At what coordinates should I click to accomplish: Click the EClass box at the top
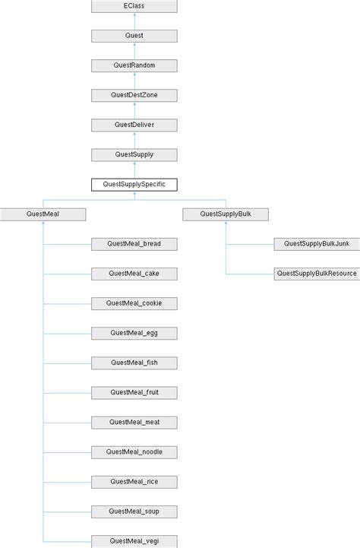[x=134, y=6]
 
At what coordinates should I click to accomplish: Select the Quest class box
[x=134, y=36]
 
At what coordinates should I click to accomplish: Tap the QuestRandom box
[x=134, y=65]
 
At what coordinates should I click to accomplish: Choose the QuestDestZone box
[x=134, y=95]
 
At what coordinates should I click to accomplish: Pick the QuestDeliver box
[x=134, y=125]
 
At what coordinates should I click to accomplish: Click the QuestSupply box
[x=134, y=154]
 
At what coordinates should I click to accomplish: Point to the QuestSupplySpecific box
[x=134, y=184]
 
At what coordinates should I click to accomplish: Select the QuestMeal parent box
[x=43, y=214]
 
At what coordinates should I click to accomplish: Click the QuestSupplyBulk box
[x=225, y=214]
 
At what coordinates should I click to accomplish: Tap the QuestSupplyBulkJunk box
[x=316, y=244]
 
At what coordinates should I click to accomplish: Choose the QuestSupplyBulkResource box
[x=316, y=274]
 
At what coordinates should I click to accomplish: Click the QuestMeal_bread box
[x=134, y=244]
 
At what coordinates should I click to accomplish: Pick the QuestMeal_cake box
[x=134, y=274]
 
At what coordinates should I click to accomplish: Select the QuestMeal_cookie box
[x=134, y=303]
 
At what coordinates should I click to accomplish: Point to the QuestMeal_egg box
[x=134, y=333]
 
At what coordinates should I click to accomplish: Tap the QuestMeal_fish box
[x=134, y=363]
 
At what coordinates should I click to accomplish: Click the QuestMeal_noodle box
[x=134, y=451]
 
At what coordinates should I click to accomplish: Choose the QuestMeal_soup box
[x=134, y=511]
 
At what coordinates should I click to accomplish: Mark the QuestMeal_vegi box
[x=134, y=540]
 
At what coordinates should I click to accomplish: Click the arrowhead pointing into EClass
[x=134, y=15]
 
